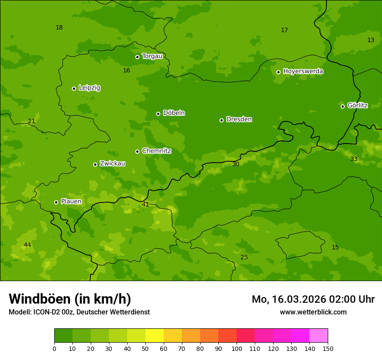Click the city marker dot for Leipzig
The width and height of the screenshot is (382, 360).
point(74,88)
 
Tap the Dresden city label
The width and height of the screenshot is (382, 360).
point(239,119)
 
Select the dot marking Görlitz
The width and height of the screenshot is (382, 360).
point(342,106)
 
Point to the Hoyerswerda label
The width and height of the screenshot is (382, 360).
point(303,71)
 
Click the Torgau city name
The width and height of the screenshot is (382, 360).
point(152,56)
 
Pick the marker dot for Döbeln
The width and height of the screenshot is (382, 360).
point(158,114)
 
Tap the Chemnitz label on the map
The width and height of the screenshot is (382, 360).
point(156,151)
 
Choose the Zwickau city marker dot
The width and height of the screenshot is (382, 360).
point(95,164)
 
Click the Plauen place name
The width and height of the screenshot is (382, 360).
point(71,201)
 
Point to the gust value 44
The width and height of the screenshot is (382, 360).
point(27,245)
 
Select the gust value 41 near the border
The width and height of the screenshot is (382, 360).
point(145,204)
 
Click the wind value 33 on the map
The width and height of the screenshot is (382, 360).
point(354,159)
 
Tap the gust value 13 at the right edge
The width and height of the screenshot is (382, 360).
point(371,40)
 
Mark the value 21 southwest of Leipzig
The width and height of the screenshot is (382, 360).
point(31,121)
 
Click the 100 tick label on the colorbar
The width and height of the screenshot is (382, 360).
point(237,348)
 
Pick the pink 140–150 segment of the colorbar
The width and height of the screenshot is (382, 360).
point(319,335)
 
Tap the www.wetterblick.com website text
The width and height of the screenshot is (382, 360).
point(313,312)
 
